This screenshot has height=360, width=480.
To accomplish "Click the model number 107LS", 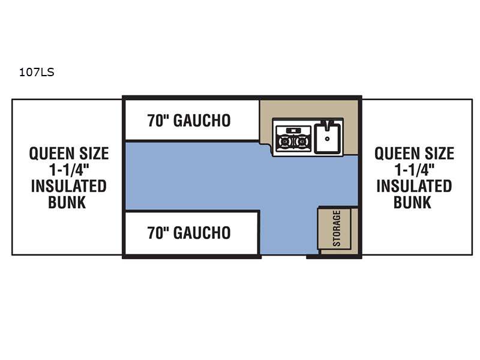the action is tap(37, 72).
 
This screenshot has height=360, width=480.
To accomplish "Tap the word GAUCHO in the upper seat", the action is tap(202, 121).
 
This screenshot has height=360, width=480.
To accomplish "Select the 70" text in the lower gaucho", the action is tap(158, 233).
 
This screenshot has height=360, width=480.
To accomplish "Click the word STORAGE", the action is tap(337, 229).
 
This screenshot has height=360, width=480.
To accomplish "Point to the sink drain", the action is tap(327, 139).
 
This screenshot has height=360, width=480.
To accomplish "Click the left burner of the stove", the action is tap(285, 142).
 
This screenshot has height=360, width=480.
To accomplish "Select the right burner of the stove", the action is tap(302, 142).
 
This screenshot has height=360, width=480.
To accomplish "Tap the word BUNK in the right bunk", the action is tap(412, 202).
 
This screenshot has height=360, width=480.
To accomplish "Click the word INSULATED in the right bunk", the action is tap(414, 186).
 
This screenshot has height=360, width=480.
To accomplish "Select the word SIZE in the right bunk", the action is tap(439, 154).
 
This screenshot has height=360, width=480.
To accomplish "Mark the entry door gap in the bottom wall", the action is tap(284, 257).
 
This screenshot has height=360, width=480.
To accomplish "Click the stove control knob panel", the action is tap(293, 131).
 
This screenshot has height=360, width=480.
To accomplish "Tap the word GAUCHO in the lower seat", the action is tap(202, 233).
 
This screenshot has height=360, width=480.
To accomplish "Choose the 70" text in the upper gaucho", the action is tap(158, 121).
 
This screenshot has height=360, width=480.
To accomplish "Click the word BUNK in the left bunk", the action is tap(67, 202).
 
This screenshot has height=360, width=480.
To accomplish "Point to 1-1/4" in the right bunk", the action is tap(415, 170).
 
